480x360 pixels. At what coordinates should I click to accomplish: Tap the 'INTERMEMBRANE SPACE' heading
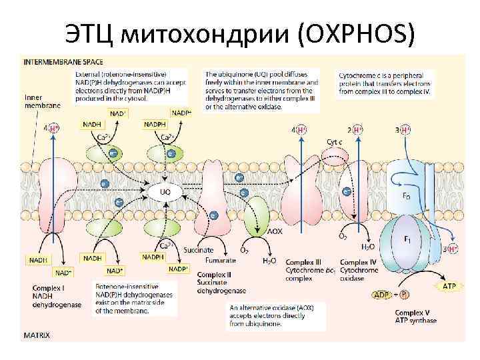(57, 61)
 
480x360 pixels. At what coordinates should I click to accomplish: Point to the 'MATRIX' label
(37, 335)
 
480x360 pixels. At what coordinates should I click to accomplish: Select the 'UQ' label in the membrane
(165, 191)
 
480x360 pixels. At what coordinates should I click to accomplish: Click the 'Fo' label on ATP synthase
(406, 196)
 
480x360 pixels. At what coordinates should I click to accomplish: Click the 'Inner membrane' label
(41, 101)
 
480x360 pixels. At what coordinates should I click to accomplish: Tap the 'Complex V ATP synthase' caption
(415, 316)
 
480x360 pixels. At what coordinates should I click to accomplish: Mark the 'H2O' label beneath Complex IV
(367, 247)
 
